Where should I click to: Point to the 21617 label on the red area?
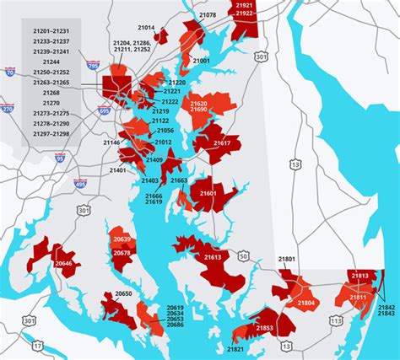click(x=222, y=143)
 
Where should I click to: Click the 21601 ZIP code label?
click(x=208, y=194)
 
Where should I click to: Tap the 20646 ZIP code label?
click(x=64, y=264)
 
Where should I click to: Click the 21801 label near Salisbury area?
click(x=287, y=259)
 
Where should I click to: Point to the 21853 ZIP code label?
click(x=264, y=328)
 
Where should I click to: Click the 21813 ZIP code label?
click(x=359, y=275)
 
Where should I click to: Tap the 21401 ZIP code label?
click(x=118, y=170)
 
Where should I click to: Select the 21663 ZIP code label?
click(x=179, y=180)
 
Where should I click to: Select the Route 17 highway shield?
click(x=38, y=345)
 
